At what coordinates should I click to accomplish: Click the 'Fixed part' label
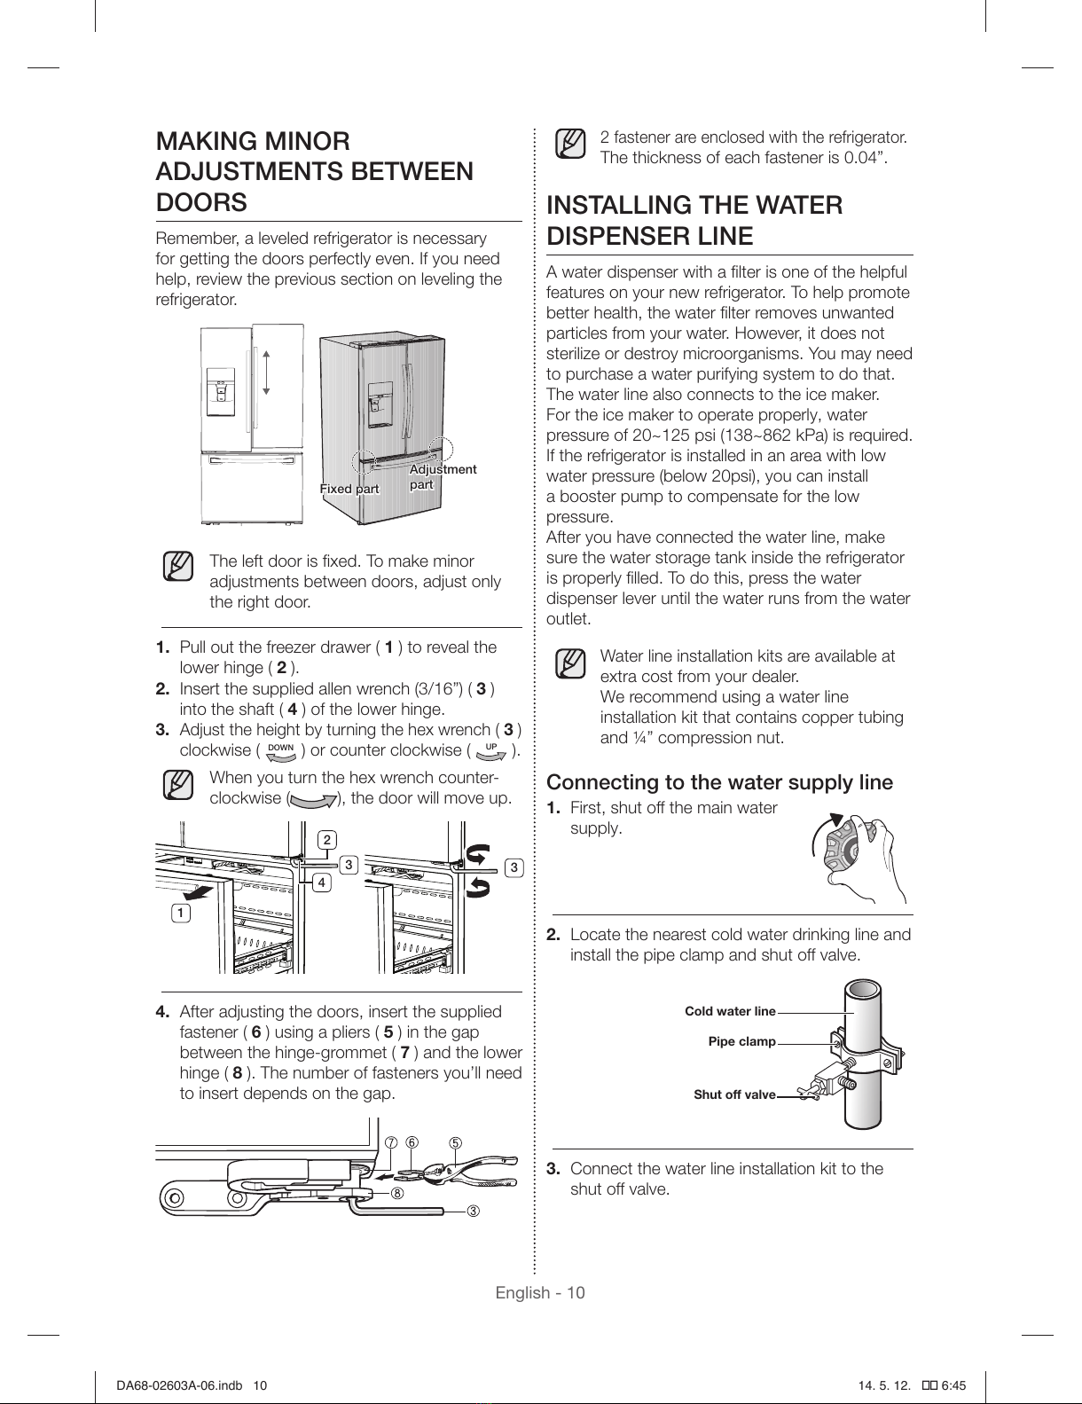tap(349, 489)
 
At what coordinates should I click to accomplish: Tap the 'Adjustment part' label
tap(443, 477)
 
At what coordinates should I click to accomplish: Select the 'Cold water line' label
tap(730, 1011)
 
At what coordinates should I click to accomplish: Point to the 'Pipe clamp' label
tap(741, 1041)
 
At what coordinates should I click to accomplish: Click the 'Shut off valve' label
tap(734, 1094)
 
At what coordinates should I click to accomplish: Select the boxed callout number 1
tap(181, 913)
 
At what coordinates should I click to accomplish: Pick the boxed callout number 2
tap(327, 840)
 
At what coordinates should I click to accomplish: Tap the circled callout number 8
tap(397, 1193)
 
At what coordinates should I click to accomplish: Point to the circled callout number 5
tap(455, 1142)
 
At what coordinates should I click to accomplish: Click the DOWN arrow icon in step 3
tap(281, 751)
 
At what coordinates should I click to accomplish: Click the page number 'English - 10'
tap(540, 1292)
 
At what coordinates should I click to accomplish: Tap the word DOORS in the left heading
tap(201, 202)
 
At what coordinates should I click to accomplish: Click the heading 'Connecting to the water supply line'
tap(719, 782)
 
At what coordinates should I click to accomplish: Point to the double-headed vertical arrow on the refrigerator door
tap(266, 373)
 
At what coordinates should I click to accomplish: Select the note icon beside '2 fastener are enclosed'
tap(570, 144)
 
